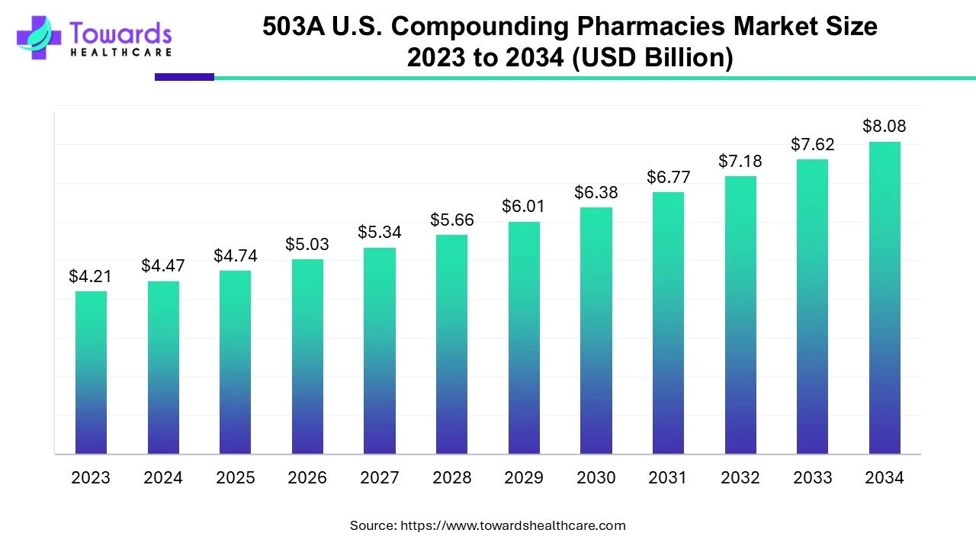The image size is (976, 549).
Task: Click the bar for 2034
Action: point(884,297)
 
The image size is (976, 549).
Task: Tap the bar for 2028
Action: point(451,344)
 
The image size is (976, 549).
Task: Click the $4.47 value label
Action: point(162,266)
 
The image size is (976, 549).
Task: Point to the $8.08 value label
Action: point(884,126)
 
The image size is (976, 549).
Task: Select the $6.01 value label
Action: point(524,207)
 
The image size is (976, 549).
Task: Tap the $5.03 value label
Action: point(307,244)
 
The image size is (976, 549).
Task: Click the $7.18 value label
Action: point(740,161)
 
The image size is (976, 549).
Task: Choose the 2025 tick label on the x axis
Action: point(235,478)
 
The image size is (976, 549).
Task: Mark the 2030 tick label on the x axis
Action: point(596,478)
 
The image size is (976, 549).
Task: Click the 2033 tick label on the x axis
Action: point(812,478)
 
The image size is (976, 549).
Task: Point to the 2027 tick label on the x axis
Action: point(380,478)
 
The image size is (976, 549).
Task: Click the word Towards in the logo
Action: point(120,33)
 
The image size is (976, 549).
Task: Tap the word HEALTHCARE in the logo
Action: point(120,52)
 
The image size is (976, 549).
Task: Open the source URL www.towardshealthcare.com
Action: point(512,525)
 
